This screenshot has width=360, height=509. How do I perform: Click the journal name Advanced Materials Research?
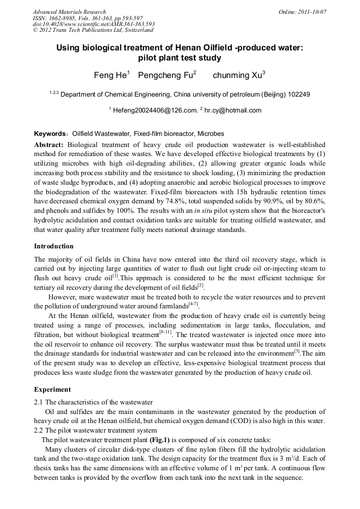(x=69, y=12)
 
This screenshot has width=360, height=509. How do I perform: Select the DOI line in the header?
(x=93, y=24)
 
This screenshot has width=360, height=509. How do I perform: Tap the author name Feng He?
(x=110, y=75)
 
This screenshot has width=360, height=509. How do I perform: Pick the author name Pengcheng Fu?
(x=165, y=75)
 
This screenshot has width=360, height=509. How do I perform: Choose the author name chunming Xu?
(x=237, y=75)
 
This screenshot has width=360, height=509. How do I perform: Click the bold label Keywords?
(x=51, y=134)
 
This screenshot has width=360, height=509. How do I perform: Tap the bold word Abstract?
(x=49, y=145)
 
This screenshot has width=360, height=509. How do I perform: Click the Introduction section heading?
(x=54, y=246)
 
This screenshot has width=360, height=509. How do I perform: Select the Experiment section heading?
(x=52, y=390)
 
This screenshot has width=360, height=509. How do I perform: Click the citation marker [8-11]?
(x=165, y=333)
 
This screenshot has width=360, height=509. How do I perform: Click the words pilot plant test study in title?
(x=179, y=57)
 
